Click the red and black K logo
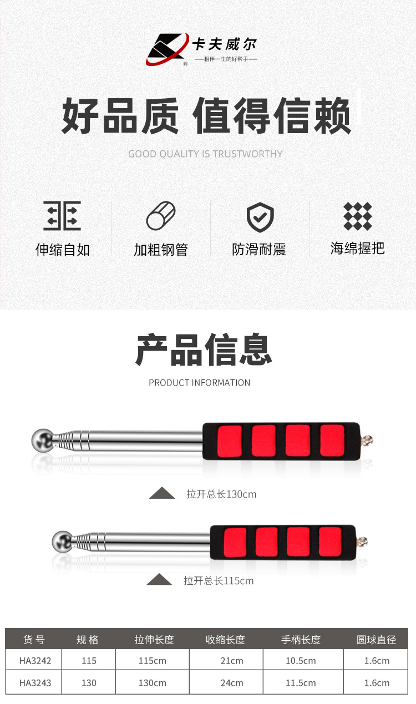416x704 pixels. point(168,49)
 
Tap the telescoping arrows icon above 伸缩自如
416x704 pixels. point(62,216)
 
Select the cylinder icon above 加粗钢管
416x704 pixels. point(161,216)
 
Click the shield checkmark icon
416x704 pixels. point(260,217)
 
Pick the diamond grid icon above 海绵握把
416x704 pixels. point(358,216)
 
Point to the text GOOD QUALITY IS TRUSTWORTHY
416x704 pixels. point(205,154)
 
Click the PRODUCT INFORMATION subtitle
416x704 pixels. point(200,382)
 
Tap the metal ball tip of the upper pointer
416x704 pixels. point(42,440)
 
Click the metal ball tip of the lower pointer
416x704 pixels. point(62,541)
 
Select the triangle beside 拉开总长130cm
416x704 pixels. point(162,493)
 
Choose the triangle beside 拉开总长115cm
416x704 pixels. point(159,580)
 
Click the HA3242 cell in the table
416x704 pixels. point(35,661)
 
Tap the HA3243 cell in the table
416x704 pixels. point(35,682)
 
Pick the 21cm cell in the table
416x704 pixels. point(232,661)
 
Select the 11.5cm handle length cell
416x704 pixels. point(301,682)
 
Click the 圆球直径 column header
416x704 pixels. point(377,640)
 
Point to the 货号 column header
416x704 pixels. point(34,640)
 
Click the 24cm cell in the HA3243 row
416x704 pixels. point(232,682)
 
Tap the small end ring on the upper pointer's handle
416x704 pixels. point(367,440)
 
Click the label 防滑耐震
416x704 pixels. point(259,250)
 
